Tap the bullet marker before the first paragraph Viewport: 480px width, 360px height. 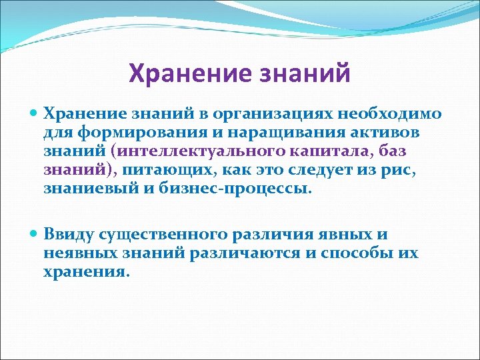35,115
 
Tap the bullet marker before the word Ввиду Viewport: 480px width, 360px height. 35,235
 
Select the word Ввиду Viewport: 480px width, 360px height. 69,235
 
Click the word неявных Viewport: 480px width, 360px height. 74,253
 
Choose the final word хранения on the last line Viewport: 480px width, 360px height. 84,272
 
